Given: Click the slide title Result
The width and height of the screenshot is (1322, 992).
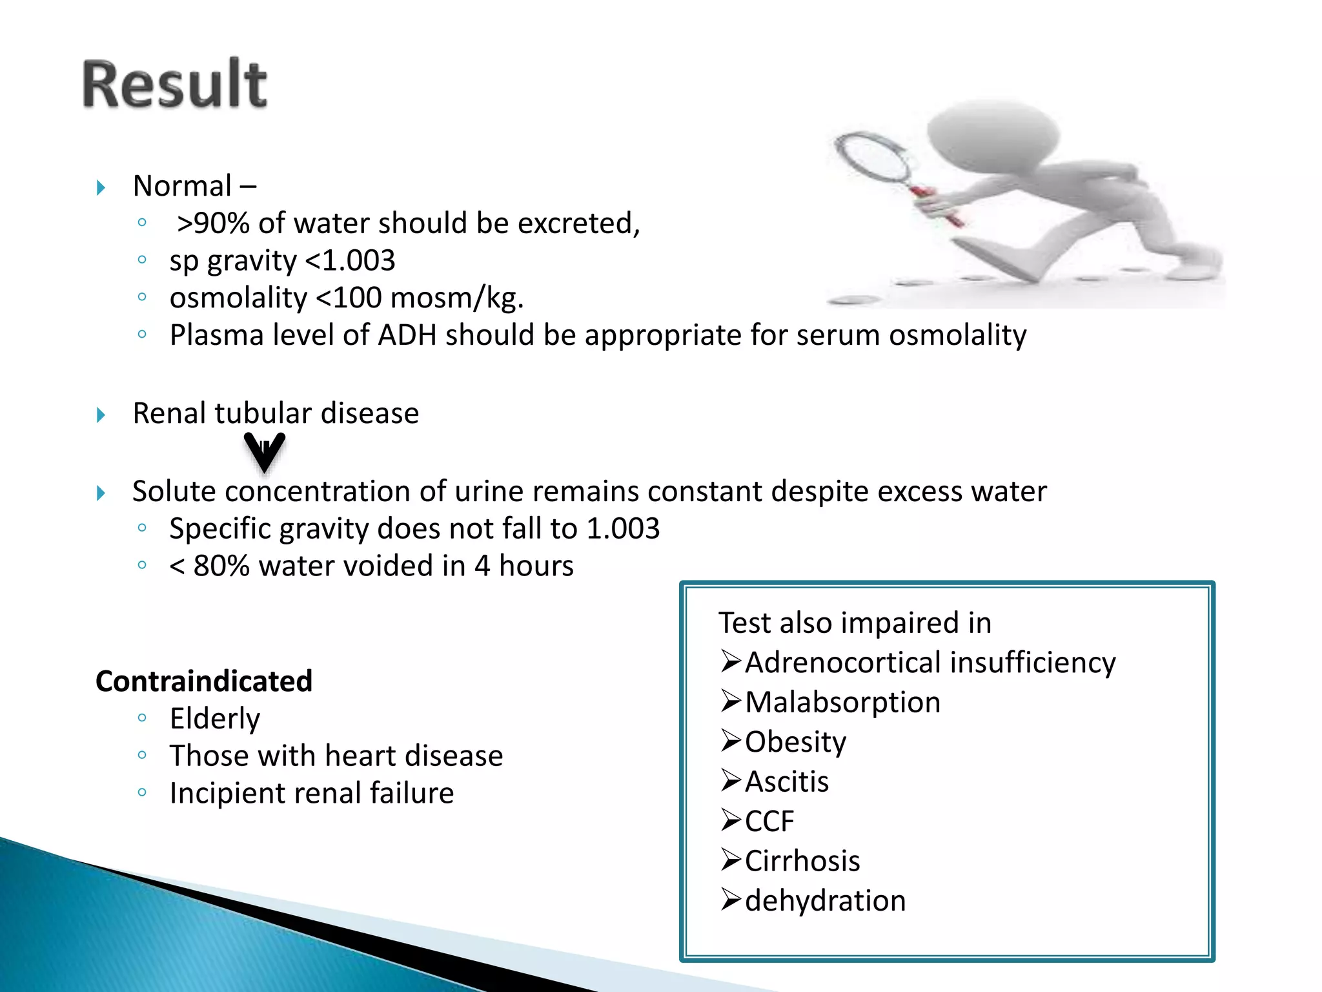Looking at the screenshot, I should tap(174, 84).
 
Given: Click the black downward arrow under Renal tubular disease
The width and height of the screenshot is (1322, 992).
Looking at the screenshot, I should tap(264, 452).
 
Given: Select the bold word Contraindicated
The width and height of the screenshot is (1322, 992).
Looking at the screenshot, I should tap(204, 681).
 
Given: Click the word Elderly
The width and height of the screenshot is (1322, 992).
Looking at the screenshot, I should tap(214, 719).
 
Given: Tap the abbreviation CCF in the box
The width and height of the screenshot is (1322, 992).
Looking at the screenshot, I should tap(769, 821).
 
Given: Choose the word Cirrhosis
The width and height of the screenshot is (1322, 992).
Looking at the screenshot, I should tap(802, 861).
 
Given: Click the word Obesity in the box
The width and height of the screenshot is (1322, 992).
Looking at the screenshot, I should tap(795, 742).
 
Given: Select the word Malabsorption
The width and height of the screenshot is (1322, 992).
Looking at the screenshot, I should tap(842, 703).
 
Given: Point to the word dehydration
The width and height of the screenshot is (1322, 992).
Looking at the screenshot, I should tap(825, 901).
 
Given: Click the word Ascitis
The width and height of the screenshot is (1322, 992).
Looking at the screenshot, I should tap(787, 782).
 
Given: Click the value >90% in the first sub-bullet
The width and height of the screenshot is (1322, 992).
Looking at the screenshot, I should tap(213, 223).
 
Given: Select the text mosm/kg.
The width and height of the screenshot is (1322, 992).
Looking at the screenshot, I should tap(456, 298).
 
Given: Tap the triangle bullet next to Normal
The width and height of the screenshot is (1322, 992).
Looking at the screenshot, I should tap(101, 188).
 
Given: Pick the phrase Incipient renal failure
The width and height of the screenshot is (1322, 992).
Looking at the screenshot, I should tap(311, 793).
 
